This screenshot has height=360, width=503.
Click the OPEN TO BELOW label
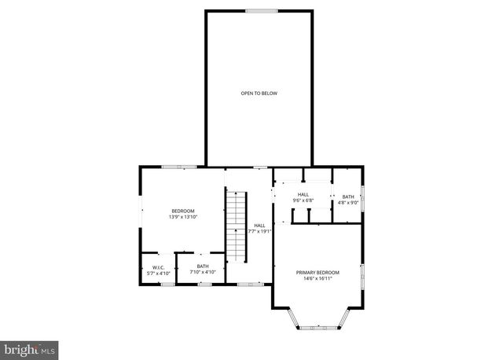pyautogui.click(x=259, y=94)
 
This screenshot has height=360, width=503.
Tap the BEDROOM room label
pyautogui.click(x=183, y=210)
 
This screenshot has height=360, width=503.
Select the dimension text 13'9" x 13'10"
pyautogui.click(x=183, y=216)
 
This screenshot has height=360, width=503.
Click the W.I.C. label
pyautogui.click(x=157, y=266)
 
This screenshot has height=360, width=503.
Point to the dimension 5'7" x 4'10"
pyautogui.click(x=157, y=273)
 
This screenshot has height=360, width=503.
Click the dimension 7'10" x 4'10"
pyautogui.click(x=203, y=273)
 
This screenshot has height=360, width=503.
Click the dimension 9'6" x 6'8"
pyautogui.click(x=303, y=200)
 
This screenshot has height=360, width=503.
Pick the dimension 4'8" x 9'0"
pyautogui.click(x=347, y=203)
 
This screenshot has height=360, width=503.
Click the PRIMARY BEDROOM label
pyautogui.click(x=318, y=273)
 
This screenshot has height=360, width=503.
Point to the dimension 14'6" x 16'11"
pyautogui.click(x=318, y=279)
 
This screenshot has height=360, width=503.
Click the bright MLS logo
pyautogui.click(x=30, y=347)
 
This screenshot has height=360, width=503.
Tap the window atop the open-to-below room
pyautogui.click(x=261, y=10)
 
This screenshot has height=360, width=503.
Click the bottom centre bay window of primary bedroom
pyautogui.click(x=318, y=328)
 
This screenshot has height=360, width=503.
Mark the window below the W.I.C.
pyautogui.click(x=167, y=284)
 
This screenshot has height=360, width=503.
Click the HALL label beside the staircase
pyautogui.click(x=259, y=226)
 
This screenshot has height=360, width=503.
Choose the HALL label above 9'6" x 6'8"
pyautogui.click(x=303, y=194)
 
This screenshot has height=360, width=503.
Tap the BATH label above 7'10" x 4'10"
pyautogui.click(x=203, y=266)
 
